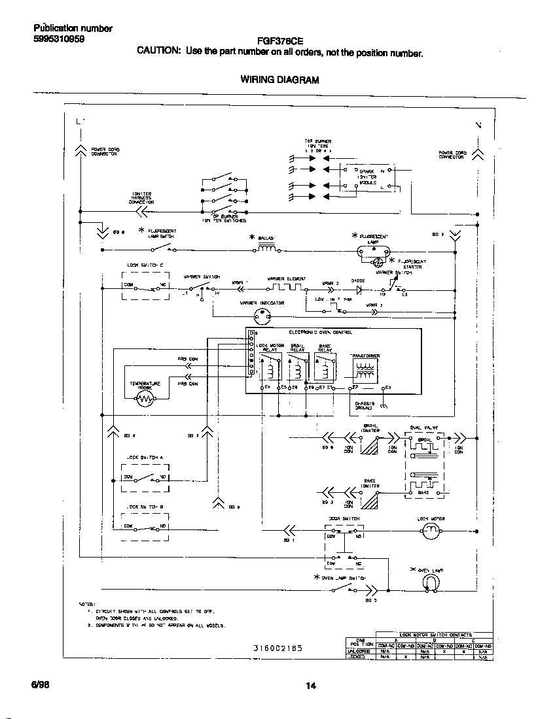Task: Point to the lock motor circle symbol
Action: [431, 533]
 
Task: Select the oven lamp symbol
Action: [430, 582]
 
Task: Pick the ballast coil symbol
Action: [267, 248]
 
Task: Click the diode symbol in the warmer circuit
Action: [358, 288]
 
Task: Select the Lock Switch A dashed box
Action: [145, 478]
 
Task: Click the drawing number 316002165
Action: [278, 648]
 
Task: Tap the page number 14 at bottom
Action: [311, 686]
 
